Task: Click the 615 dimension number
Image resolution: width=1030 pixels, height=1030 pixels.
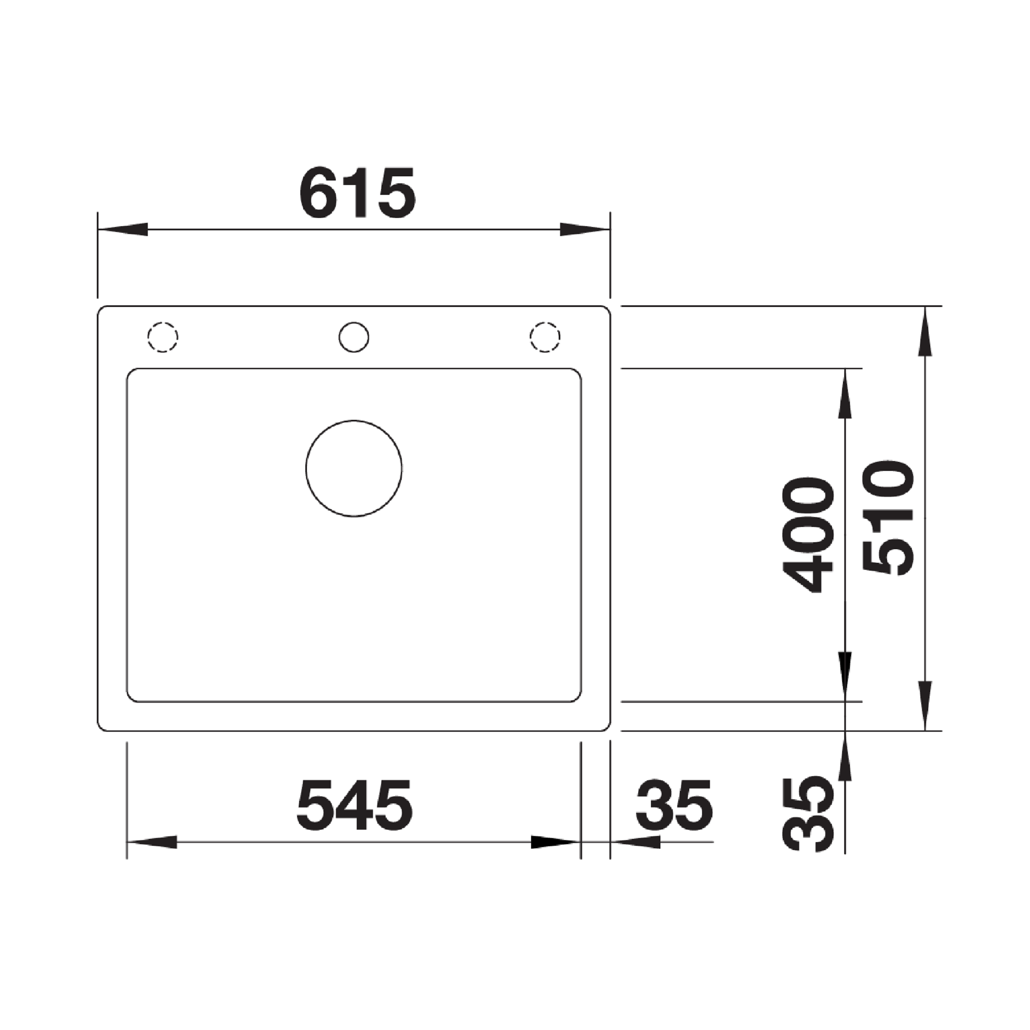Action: click(357, 192)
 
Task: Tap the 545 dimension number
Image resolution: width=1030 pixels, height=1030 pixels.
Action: click(355, 805)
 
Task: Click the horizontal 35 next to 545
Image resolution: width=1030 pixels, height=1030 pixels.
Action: click(674, 805)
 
